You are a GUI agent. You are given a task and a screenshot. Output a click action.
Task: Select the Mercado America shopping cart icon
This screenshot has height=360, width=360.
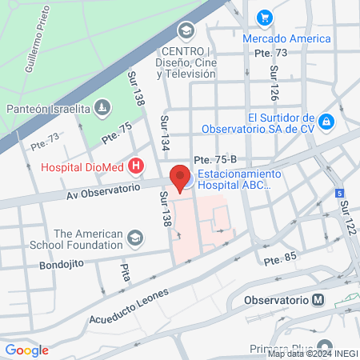tap(264, 17)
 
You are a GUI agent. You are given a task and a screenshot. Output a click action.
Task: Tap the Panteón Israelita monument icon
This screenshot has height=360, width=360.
tap(102, 107)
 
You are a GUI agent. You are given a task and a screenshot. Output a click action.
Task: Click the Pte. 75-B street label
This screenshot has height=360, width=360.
tap(210, 160)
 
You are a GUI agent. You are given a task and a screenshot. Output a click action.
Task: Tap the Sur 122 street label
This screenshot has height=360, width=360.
tap(346, 217)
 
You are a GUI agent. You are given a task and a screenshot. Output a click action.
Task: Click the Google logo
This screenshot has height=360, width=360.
tap(26, 350)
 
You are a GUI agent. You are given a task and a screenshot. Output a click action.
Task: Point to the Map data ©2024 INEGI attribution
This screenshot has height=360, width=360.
tap(312, 354)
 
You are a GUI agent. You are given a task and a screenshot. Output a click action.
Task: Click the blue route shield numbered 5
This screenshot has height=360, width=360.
tap(339, 193)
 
